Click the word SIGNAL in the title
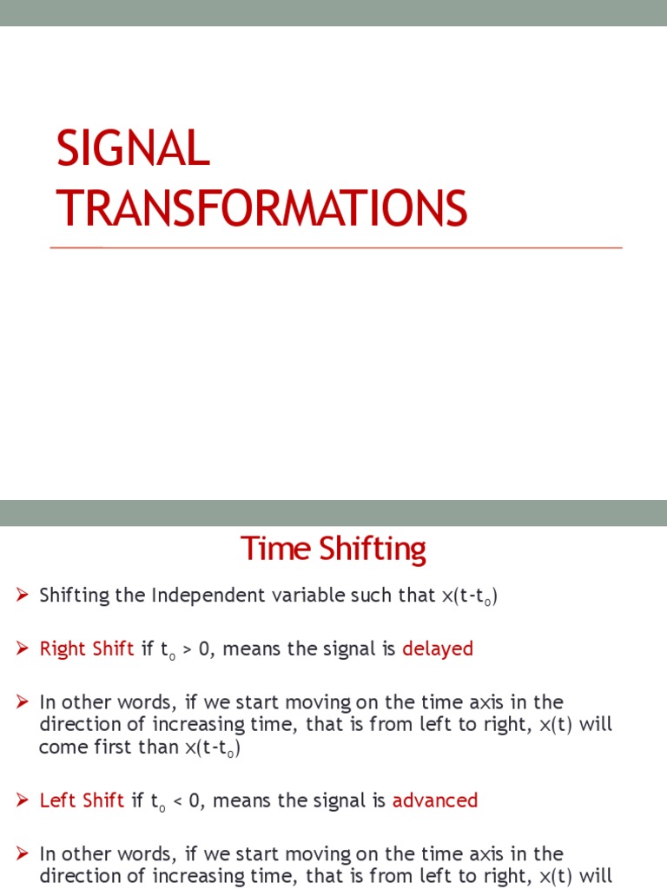coord(133,149)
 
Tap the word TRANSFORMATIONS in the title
coord(261,209)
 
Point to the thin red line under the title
coord(336,248)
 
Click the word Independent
coord(204,596)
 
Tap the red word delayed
coord(438,649)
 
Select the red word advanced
coord(435,800)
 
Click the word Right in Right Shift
coord(62,649)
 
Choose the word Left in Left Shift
coord(56,800)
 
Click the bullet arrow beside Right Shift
coord(23,649)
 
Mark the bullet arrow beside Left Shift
coord(23,800)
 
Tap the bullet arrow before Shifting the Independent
coord(23,596)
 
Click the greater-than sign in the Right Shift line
coord(187,649)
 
